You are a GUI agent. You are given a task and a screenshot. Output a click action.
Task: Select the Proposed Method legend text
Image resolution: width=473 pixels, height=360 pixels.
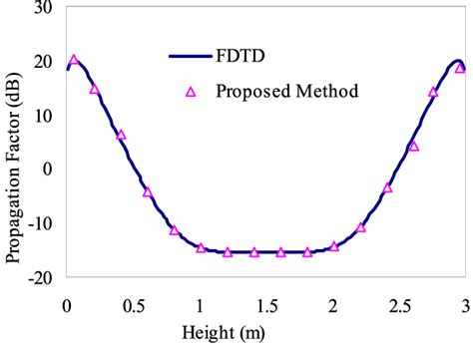(x=297, y=91)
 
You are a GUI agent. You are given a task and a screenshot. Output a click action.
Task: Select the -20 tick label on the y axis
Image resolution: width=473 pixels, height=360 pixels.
(x=39, y=277)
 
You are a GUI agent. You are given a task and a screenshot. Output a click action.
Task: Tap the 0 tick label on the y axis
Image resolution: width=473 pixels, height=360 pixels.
(x=47, y=170)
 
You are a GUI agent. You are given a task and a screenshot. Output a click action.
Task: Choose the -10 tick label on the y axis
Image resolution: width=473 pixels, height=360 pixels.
(x=39, y=223)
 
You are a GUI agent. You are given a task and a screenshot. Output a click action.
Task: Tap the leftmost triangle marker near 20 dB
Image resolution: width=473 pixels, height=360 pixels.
(x=74, y=60)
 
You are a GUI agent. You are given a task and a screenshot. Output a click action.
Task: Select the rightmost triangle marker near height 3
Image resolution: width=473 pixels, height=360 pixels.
(x=460, y=68)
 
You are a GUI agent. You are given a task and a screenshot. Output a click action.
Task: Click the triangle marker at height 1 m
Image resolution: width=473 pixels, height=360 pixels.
(x=201, y=247)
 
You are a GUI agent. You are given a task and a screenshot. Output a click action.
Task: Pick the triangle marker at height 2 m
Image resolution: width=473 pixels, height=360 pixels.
(x=334, y=245)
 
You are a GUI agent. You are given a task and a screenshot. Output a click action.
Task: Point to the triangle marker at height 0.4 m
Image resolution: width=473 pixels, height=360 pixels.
(x=121, y=134)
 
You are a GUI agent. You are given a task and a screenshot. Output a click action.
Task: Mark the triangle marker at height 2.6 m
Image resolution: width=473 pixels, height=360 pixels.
(x=414, y=146)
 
